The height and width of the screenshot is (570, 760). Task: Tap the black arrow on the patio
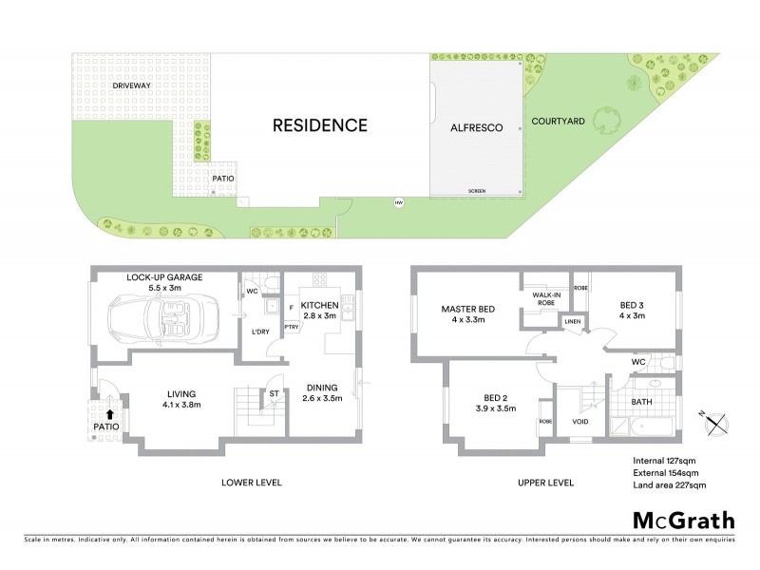[112, 414]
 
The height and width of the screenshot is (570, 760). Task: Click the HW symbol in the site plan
[398, 201]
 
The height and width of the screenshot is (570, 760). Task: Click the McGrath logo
[682, 520]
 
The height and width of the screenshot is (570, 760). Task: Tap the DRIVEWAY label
[131, 86]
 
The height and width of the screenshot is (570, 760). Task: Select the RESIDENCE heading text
[319, 124]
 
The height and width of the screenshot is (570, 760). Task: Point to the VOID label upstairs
[581, 421]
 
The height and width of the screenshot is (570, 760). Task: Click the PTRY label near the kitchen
[291, 327]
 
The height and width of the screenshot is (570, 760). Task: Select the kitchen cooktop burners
[319, 279]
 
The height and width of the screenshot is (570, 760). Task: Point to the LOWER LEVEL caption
[252, 483]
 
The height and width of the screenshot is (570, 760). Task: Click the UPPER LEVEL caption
[545, 483]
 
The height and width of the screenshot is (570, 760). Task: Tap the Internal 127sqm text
[668, 461]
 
